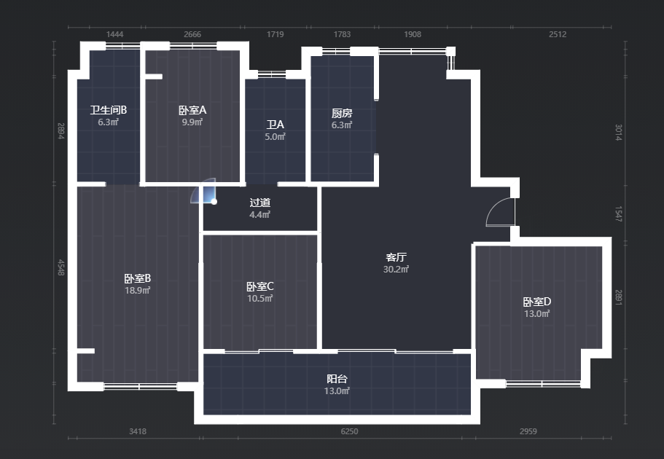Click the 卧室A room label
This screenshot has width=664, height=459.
pyautogui.click(x=192, y=110)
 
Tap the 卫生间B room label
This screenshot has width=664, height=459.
pyautogui.click(x=109, y=110)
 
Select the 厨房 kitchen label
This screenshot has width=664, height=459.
pyautogui.click(x=342, y=113)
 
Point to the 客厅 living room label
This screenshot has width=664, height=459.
pyautogui.click(x=397, y=257)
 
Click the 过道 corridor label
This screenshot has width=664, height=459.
pyautogui.click(x=260, y=203)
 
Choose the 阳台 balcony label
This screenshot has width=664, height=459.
pyautogui.click(x=337, y=379)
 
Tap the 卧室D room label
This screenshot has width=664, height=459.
pyautogui.click(x=537, y=302)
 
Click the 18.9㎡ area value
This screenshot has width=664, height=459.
pyautogui.click(x=138, y=291)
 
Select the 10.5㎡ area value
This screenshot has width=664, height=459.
pyautogui.click(x=260, y=299)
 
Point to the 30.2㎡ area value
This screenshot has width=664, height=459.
pyautogui.click(x=396, y=270)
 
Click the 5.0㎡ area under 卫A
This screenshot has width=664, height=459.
pyautogui.click(x=276, y=137)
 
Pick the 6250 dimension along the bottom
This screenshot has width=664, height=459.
pyautogui.click(x=349, y=431)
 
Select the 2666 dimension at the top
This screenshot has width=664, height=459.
pyautogui.click(x=192, y=34)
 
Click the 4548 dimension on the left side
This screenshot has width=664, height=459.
pyautogui.click(x=61, y=267)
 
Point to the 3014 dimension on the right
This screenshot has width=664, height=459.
pyautogui.click(x=618, y=133)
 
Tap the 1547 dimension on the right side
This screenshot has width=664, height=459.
pyautogui.click(x=618, y=214)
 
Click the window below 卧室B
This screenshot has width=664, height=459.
pyautogui.click(x=140, y=386)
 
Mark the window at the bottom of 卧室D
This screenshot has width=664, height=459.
pyautogui.click(x=543, y=384)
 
